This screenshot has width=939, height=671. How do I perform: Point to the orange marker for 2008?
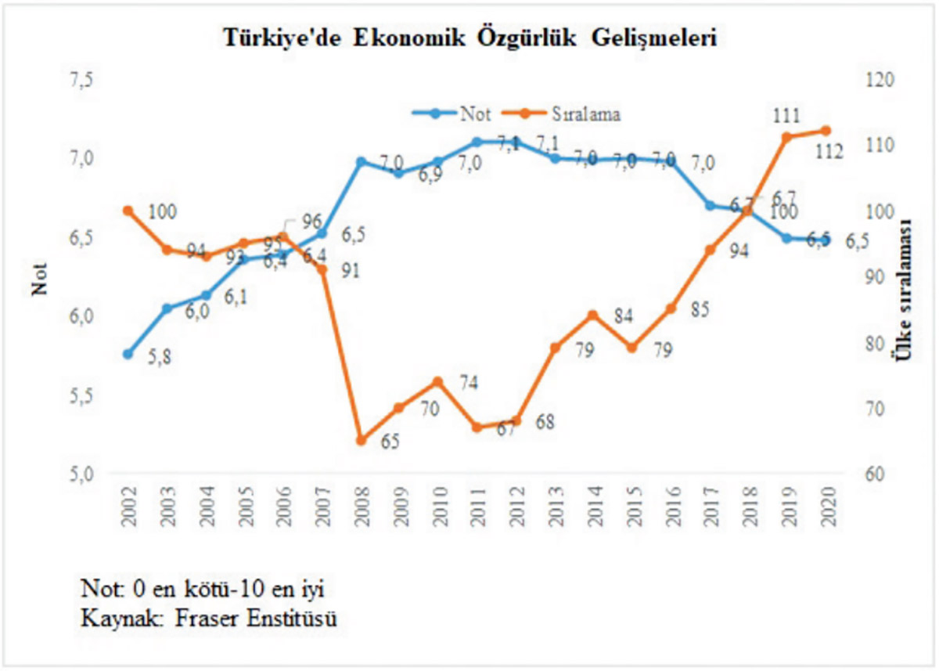(361, 440)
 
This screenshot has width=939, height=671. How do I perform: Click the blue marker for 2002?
(128, 354)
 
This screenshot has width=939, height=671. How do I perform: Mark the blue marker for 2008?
(361, 162)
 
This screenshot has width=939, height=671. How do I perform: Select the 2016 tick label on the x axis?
(671, 506)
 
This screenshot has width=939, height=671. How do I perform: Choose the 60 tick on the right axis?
(870, 474)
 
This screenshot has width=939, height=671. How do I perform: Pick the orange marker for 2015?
(633, 347)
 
